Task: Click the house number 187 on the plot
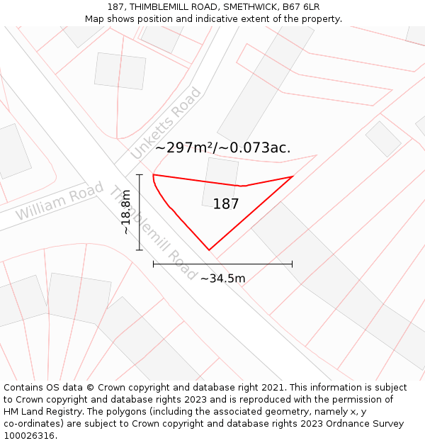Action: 226,204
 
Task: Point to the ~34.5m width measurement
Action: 222,279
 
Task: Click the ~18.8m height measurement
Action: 125,212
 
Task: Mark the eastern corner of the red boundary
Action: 293,176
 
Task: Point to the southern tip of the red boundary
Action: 209,249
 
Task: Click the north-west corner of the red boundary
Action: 154,174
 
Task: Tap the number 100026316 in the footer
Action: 30,435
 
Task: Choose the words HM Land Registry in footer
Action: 40,412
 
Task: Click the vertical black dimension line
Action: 140,212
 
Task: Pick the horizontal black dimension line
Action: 222,264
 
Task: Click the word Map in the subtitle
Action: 95,18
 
